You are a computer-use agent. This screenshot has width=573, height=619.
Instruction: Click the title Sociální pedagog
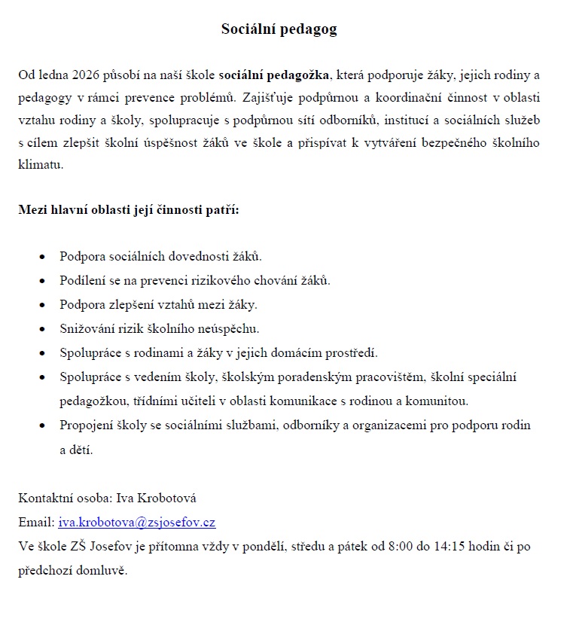pyautogui.click(x=279, y=29)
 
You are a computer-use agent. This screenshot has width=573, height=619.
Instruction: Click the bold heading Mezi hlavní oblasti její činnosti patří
pyautogui.click(x=129, y=209)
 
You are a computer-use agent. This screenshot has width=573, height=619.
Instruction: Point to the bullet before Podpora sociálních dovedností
pyautogui.click(x=42, y=257)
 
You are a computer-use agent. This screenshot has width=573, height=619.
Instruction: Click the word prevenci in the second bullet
pyautogui.click(x=168, y=280)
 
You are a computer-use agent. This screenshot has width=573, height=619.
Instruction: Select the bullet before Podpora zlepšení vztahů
pyautogui.click(x=42, y=305)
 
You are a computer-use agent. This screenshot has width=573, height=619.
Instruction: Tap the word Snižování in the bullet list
pyautogui.click(x=87, y=328)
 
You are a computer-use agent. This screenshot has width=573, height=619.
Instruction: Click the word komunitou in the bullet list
pyautogui.click(x=442, y=401)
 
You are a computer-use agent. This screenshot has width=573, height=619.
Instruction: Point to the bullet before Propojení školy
pyautogui.click(x=42, y=425)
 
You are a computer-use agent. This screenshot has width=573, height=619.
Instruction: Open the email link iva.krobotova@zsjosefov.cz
pyautogui.click(x=136, y=522)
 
